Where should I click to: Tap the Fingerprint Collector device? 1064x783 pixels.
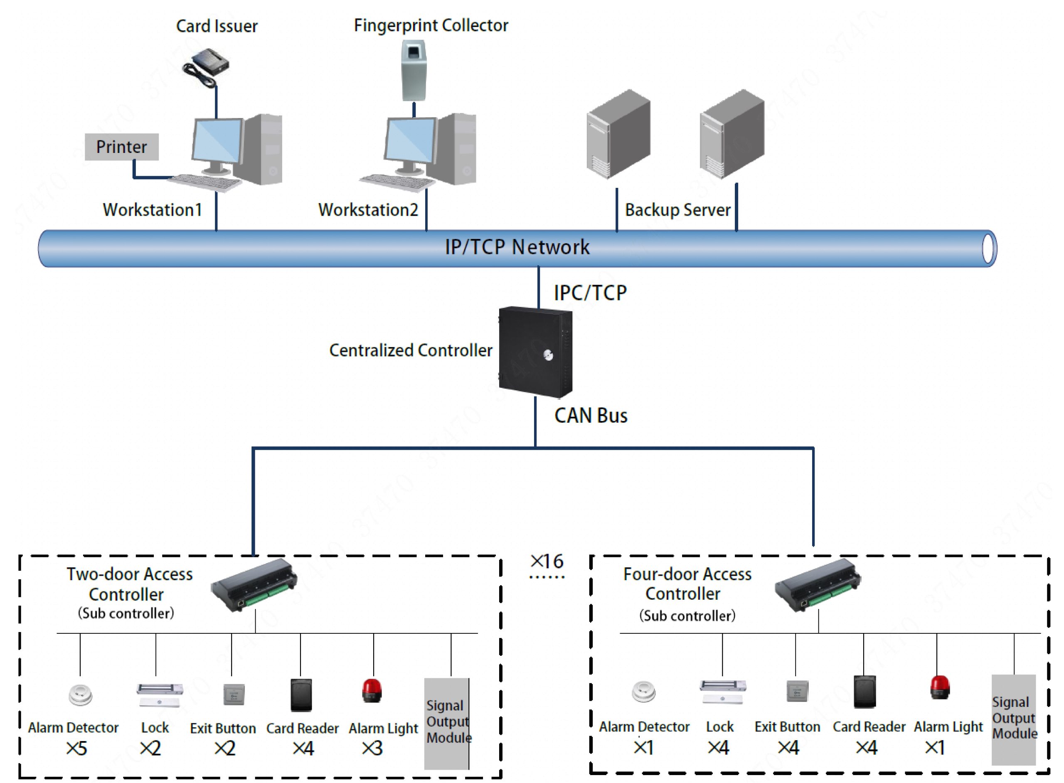pos(413,70)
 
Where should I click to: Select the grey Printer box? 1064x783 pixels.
pos(121,147)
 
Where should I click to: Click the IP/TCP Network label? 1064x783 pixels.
pos(517,247)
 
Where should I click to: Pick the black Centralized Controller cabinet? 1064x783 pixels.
pos(536,352)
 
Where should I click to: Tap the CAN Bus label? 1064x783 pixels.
pos(591,416)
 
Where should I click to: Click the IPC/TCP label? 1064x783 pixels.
pos(590,293)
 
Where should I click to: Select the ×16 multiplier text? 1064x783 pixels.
pos(547,561)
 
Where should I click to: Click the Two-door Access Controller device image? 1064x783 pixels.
pos(254,585)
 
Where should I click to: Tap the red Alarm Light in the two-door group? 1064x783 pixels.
pos(372,691)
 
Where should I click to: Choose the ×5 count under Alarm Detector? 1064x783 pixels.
pos(77,749)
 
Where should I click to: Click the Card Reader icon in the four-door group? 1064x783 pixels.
pos(864,692)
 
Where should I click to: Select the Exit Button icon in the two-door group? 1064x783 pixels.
pos(234,694)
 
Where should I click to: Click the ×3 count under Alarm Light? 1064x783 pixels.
pos(372,749)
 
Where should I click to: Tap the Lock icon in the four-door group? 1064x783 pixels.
pos(722,692)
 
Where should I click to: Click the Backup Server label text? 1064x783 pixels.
pos(677,210)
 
